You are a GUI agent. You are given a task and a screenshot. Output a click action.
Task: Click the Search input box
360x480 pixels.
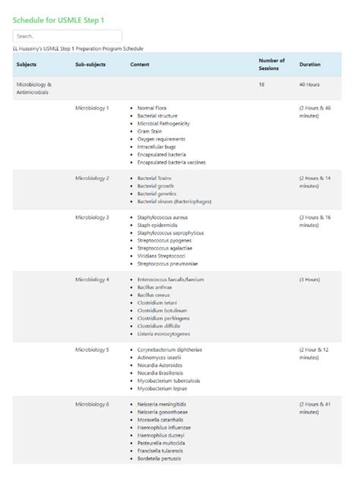68,36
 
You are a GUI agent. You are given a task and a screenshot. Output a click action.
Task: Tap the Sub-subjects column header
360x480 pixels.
90,65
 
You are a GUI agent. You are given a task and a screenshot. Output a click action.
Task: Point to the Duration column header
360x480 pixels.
310,65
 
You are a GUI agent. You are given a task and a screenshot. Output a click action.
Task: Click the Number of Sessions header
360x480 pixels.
271,65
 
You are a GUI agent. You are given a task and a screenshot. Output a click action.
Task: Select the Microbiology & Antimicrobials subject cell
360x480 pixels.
33,88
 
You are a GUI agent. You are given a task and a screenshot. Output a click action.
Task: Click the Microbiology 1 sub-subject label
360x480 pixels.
92,108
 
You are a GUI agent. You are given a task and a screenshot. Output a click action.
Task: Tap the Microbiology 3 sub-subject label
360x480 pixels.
92,217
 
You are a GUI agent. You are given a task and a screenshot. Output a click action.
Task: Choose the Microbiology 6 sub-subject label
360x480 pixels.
92,404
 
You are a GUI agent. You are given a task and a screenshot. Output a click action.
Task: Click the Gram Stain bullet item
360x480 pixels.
150,131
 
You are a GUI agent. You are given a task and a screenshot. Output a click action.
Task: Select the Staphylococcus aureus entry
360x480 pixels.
163,217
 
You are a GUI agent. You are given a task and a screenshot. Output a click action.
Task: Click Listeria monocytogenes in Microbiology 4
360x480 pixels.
164,334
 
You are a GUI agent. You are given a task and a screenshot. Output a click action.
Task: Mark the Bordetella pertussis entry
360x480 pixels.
160,459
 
